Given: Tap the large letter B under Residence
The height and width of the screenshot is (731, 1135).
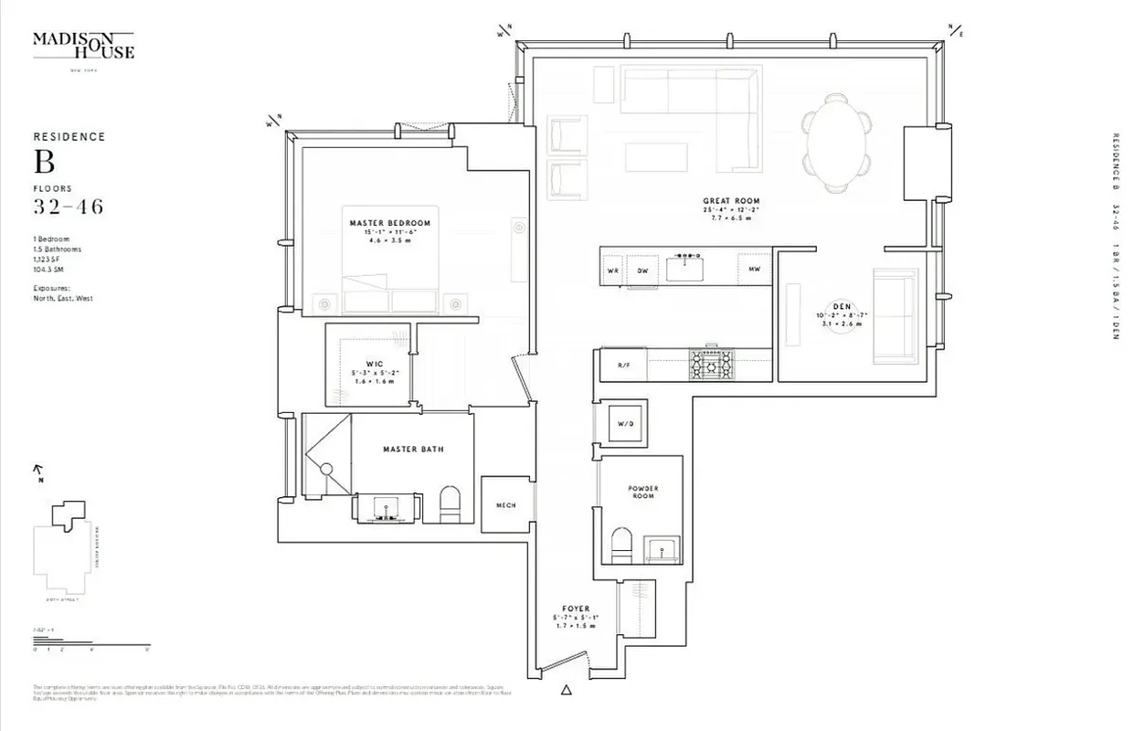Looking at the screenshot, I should coord(45,162).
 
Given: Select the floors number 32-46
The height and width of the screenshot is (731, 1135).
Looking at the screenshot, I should coord(69,207).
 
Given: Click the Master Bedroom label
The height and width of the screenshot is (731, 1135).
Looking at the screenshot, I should coord(389,223).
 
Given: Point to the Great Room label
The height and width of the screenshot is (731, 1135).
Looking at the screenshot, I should coord(731,201).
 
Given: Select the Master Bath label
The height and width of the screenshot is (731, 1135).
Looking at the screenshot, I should coord(413,450).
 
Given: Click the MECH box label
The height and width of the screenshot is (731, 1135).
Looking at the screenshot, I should coord(505,505).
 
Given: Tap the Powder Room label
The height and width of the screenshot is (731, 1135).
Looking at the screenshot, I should coord(643,493).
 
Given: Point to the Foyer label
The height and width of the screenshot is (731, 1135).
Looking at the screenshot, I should coord(576,609).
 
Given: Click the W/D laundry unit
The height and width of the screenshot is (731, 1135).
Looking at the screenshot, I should coord(626,424).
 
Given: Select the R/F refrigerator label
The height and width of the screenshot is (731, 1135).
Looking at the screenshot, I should coord(624,365).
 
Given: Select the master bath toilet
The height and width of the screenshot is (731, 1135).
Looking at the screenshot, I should coord(451,503).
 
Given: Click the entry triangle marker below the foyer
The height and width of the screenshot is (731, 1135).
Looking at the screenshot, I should coord(567,690).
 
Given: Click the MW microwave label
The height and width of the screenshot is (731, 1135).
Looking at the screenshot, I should coord(754,270).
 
